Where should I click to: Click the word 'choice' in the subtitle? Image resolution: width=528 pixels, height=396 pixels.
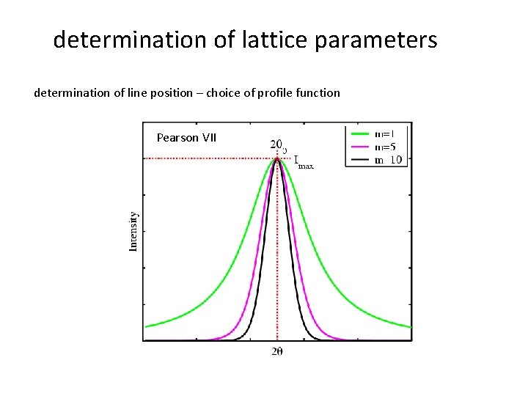[230, 93]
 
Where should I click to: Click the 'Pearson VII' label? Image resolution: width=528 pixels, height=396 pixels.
[186, 137]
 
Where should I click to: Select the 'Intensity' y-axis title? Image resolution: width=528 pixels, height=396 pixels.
[133, 231]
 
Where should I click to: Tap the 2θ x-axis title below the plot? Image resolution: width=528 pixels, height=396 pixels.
[278, 352]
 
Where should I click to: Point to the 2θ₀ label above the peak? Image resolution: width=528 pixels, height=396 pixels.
[279, 144]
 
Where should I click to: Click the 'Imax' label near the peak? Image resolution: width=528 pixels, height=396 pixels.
[303, 162]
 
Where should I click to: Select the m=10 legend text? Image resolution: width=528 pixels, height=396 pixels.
[389, 160]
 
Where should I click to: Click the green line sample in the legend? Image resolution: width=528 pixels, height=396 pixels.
[359, 134]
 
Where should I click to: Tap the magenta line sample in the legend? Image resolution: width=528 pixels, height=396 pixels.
[359, 147]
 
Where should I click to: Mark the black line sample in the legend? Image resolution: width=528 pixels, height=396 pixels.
[359, 160]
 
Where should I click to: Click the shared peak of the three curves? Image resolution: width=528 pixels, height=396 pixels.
[277, 158]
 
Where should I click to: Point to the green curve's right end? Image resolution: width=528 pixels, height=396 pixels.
[410, 326]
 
